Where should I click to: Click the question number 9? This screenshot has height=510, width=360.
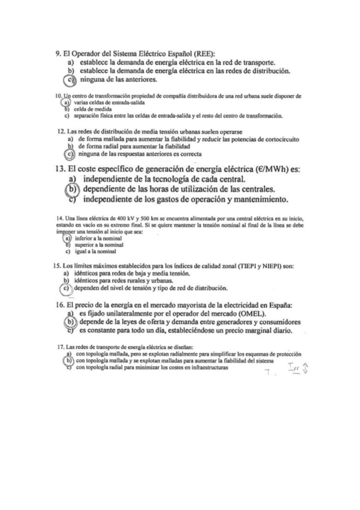click(x=58, y=54)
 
